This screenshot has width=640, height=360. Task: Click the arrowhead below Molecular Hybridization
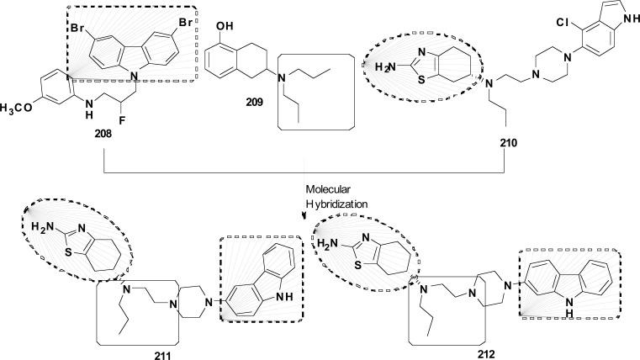(305, 215)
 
